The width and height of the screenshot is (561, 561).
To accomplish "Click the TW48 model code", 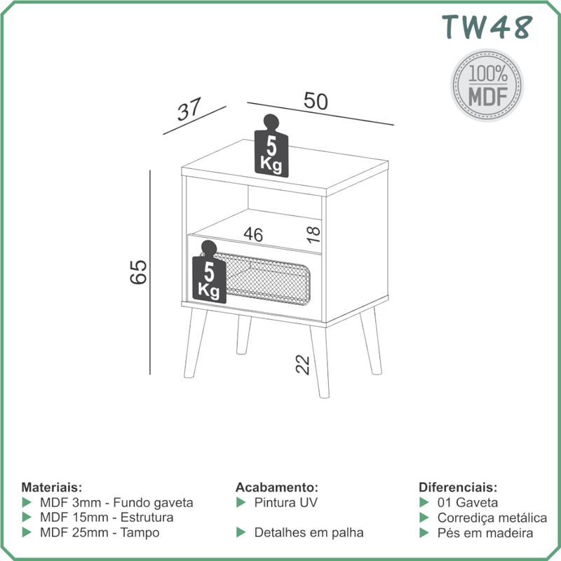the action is (x=487, y=27).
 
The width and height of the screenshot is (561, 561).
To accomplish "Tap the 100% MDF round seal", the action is (x=487, y=85).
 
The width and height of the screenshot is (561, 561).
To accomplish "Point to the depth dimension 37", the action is (x=189, y=109).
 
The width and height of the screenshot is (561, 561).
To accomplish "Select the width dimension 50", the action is (x=316, y=101).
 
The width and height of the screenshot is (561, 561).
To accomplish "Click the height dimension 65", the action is (x=138, y=272).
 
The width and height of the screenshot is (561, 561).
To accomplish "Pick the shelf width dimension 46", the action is (x=253, y=234).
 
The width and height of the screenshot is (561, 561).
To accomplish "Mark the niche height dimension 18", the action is (x=313, y=234).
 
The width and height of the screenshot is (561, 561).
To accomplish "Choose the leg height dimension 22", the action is (x=303, y=365).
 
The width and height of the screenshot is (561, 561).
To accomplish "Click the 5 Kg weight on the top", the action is (x=271, y=146).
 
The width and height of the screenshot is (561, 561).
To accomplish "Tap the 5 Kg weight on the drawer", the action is (x=209, y=272).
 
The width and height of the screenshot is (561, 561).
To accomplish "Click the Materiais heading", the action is (x=52, y=487).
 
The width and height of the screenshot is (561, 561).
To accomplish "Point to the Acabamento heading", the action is (x=276, y=487).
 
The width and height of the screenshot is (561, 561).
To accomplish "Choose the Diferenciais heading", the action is (x=458, y=487).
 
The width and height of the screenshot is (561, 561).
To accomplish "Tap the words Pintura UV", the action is (x=286, y=502).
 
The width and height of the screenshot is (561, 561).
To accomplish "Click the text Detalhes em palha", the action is (x=309, y=532).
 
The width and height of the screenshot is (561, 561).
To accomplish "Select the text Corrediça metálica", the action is (x=492, y=518).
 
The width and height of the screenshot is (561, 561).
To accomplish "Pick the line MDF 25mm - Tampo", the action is (x=100, y=532).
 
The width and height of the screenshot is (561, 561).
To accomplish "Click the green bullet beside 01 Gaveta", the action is (x=424, y=502).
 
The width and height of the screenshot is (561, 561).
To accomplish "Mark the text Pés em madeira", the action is (x=485, y=533).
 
